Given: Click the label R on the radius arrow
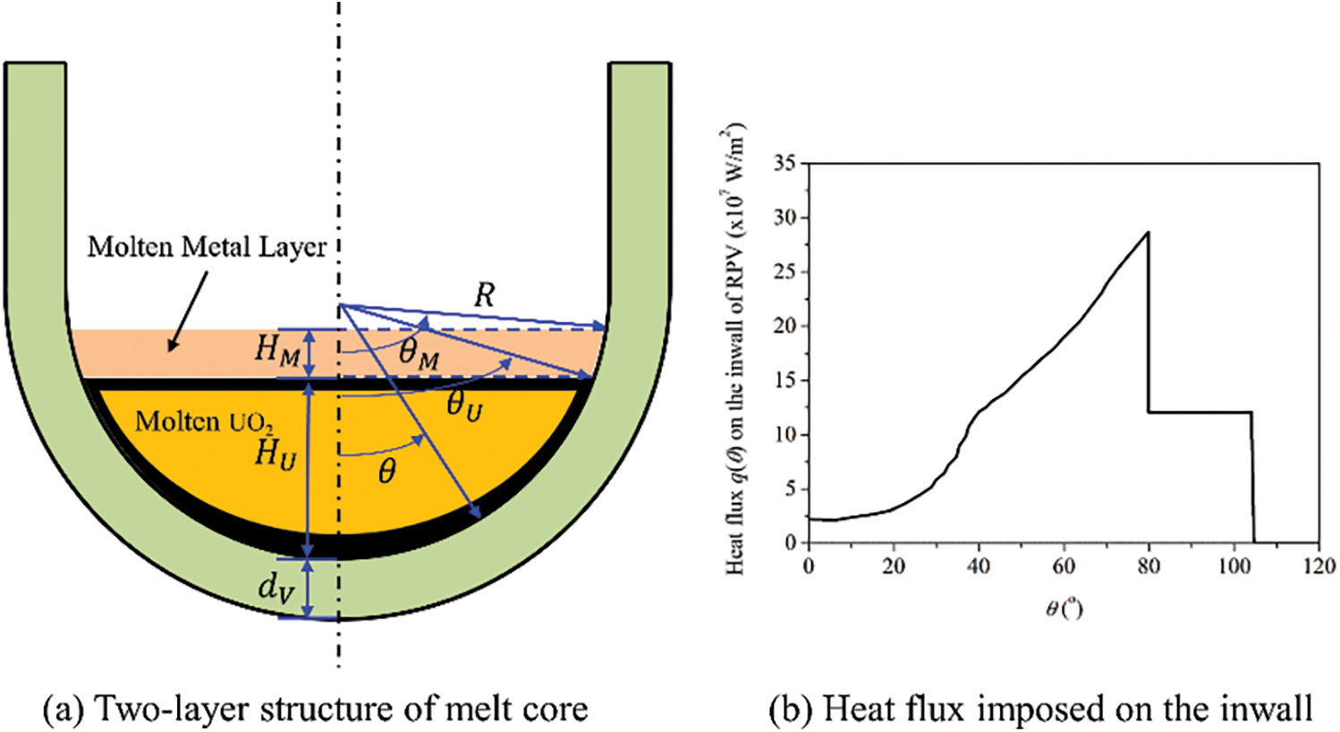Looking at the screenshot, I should tap(484, 294).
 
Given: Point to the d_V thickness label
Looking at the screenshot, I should tap(276, 589).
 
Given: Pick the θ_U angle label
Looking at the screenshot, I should tap(464, 407).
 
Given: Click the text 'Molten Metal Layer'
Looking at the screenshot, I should tap(207, 246).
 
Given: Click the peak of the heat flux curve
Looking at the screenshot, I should tap(1148, 233).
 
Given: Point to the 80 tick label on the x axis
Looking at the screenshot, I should tap(1149, 566).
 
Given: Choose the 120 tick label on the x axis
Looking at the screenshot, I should tap(1319, 566).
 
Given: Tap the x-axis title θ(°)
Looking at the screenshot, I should tap(1064, 609).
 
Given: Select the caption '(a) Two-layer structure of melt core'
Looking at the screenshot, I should tap(316, 709).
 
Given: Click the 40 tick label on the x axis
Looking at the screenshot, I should tap(979, 566).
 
